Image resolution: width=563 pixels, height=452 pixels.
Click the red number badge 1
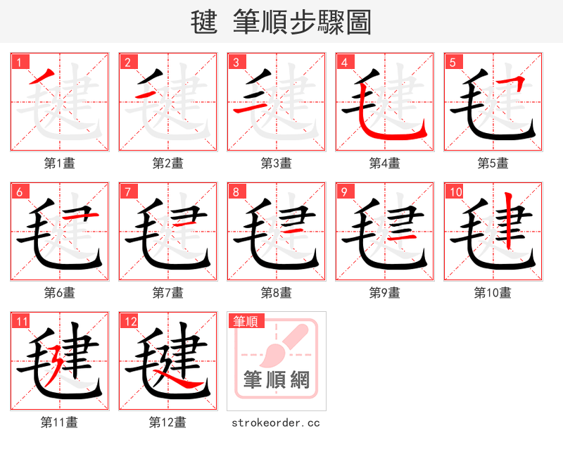pyautogui.click(x=18, y=62)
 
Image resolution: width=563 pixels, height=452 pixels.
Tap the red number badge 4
pyautogui.click(x=343, y=62)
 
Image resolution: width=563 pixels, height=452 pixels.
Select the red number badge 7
pyautogui.click(x=127, y=192)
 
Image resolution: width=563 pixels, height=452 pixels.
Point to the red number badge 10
pyautogui.click(x=454, y=192)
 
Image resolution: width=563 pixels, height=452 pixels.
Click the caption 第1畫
pyautogui.click(x=60, y=163)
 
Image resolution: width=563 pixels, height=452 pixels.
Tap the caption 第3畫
pyautogui.click(x=277, y=163)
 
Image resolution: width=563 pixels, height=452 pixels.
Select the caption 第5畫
pyautogui.click(x=493, y=163)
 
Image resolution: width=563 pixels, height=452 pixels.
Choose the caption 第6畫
pyautogui.click(x=60, y=292)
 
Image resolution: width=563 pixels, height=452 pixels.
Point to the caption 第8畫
pyautogui.click(x=277, y=292)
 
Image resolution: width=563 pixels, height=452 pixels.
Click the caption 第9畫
pyautogui.click(x=385, y=292)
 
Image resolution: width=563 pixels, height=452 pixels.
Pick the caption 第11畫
pyautogui.click(x=60, y=422)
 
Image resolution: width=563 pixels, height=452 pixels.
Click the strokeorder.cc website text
pyautogui.click(x=277, y=422)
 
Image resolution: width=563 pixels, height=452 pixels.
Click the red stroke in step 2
pyautogui.click(x=147, y=95)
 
